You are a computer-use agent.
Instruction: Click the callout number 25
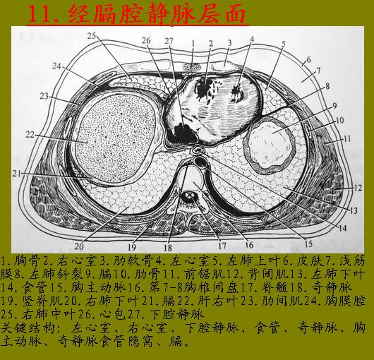click(x=91, y=36)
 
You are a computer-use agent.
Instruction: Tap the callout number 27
click(x=169, y=41)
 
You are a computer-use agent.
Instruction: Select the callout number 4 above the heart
click(x=252, y=39)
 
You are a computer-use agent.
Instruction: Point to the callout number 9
click(x=334, y=105)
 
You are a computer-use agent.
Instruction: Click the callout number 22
click(x=30, y=135)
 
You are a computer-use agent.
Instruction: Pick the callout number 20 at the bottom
click(x=79, y=246)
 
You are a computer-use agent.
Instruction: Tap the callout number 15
click(x=308, y=244)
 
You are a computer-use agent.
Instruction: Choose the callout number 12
click(x=358, y=188)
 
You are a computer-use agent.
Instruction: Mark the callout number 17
click(x=222, y=246)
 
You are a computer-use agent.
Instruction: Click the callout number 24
click(x=56, y=66)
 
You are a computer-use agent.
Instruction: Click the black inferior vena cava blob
click(x=182, y=133)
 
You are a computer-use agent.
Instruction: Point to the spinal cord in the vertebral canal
click(x=190, y=197)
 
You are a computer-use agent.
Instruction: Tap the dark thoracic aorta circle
click(x=202, y=162)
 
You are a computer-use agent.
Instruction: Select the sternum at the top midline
click(x=192, y=68)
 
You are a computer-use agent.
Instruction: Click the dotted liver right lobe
click(x=115, y=138)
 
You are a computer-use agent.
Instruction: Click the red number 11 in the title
click(x=40, y=15)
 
